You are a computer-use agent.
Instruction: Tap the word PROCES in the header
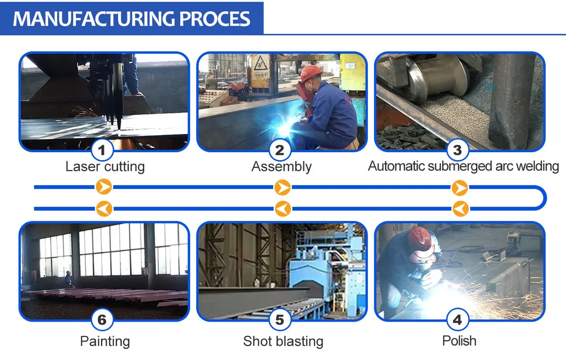pyautogui.click(x=214, y=19)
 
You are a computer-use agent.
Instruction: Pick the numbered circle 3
pyautogui.click(x=457, y=150)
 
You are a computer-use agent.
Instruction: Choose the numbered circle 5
pyautogui.click(x=280, y=320)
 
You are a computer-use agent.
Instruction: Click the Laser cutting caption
pyautogui.click(x=105, y=167)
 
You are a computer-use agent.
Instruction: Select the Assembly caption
pyautogui.click(x=282, y=167)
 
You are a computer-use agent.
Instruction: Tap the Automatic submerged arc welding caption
pyautogui.click(x=463, y=166)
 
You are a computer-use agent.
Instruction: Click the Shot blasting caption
pyautogui.click(x=283, y=341)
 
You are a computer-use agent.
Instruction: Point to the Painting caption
pyautogui.click(x=105, y=341)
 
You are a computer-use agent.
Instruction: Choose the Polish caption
pyautogui.click(x=459, y=340)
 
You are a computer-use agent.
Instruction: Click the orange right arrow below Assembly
pyautogui.click(x=282, y=187)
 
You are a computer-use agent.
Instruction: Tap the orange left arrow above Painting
pyautogui.click(x=104, y=208)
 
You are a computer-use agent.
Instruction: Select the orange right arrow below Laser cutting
pyautogui.click(x=104, y=187)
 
